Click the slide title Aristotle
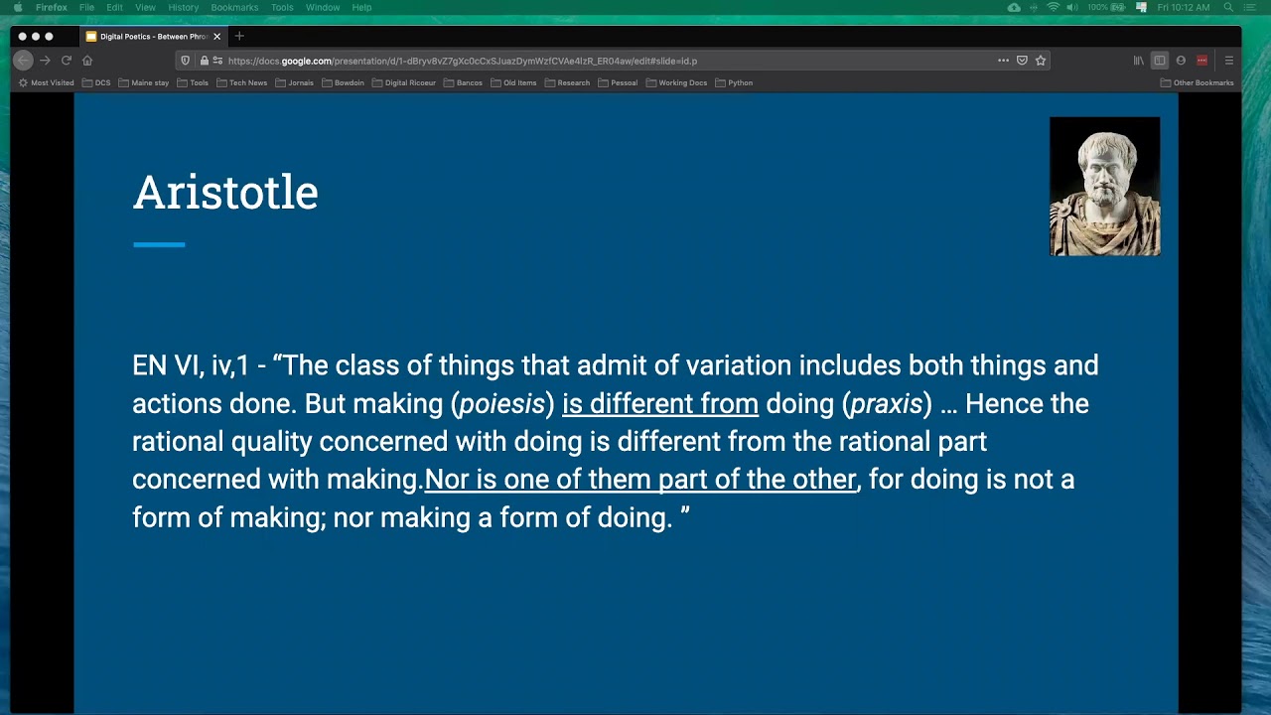(225, 193)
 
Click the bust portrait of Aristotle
(1104, 187)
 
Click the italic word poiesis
(501, 404)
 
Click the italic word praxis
(886, 404)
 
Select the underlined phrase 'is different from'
(659, 404)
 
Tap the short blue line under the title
(159, 244)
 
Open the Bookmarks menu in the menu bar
(234, 7)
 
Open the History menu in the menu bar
(183, 7)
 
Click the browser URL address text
(462, 61)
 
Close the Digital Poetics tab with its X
(216, 37)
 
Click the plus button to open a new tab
(239, 37)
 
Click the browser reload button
(67, 61)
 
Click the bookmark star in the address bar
(1041, 61)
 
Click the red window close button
(22, 37)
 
